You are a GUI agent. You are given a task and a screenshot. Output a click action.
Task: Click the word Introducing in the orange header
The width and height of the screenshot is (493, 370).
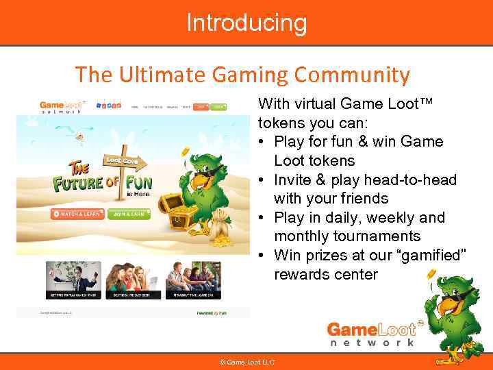[246, 23]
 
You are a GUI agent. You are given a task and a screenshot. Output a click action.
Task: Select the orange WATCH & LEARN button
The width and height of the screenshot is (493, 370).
[77, 214]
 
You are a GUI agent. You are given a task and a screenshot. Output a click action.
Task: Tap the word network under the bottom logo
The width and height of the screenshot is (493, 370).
[372, 342]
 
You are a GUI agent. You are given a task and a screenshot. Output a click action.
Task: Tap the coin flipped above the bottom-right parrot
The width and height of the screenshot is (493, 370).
[431, 275]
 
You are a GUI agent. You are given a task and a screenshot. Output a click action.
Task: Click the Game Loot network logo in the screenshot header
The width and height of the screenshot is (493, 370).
[60, 107]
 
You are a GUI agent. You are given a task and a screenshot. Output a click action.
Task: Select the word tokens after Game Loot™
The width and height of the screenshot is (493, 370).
[280, 123]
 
